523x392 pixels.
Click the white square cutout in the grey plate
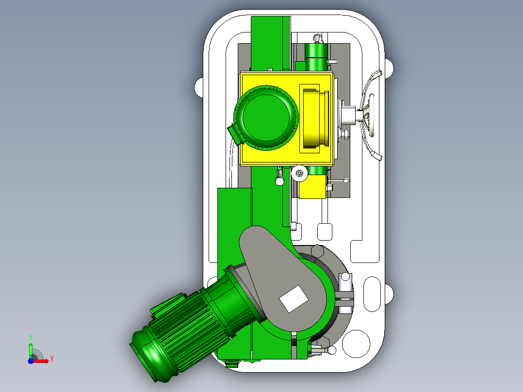tap(294, 299)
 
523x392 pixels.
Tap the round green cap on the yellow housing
tap(266, 117)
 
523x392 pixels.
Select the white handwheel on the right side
tap(370, 115)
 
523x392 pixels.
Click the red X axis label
tap(52, 359)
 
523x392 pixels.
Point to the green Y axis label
tap(31, 337)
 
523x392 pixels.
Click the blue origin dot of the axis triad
tap(31, 361)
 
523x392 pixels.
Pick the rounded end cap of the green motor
tap(147, 357)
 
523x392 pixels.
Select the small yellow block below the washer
tap(312, 187)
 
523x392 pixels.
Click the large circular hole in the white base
tap(356, 343)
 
